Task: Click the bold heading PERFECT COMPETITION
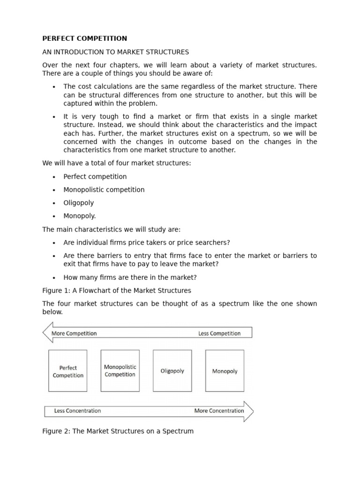tap(84, 38)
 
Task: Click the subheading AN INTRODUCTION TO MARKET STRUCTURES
tap(115, 52)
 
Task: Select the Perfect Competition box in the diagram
tap(68, 371)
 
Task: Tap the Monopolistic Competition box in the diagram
tap(120, 370)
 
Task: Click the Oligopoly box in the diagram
tap(172, 370)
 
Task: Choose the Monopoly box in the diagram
tap(225, 370)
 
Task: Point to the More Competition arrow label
tap(74, 333)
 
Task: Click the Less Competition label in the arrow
tap(219, 333)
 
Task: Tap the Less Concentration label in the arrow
tap(77, 411)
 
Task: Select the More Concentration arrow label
tap(219, 411)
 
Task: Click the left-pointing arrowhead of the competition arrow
tap(47, 333)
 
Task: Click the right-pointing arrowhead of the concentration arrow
tap(249, 411)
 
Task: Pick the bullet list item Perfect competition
tap(95, 177)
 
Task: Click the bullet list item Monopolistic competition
tap(104, 190)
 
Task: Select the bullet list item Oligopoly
tap(79, 203)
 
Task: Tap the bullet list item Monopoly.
tap(80, 216)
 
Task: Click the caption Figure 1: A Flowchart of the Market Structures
tap(117, 291)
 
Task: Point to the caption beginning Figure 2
tap(118, 431)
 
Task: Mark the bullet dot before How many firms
tap(54, 277)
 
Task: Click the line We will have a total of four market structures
tap(117, 163)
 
